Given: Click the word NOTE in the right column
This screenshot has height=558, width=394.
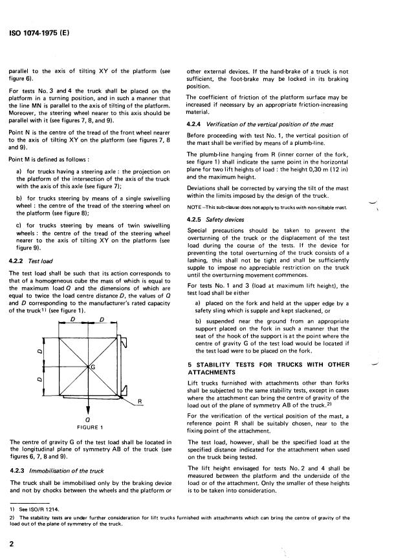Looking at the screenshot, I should pyautogui.click(x=194, y=207).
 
